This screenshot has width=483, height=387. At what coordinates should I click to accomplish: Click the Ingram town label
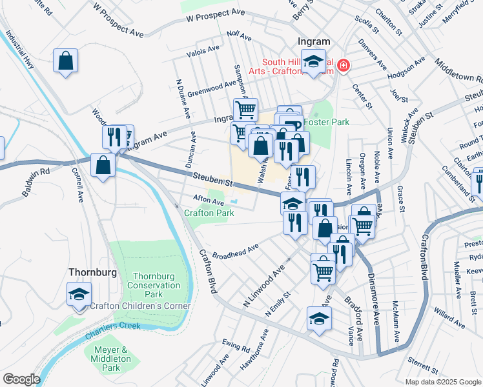[314, 42]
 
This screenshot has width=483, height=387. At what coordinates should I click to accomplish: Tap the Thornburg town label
[92, 272]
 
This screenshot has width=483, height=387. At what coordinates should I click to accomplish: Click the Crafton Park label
[209, 213]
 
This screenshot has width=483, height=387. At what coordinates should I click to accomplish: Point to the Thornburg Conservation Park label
[153, 284]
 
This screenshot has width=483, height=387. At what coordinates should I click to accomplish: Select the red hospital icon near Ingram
[343, 64]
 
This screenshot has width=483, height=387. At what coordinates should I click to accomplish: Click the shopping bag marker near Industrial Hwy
[66, 61]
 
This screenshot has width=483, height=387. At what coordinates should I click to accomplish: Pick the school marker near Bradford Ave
[319, 319]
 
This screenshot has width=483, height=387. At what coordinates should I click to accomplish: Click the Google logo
[21, 379]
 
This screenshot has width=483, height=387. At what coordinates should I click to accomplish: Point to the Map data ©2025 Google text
[442, 381]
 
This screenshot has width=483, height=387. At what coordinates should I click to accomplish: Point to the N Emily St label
[279, 303]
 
